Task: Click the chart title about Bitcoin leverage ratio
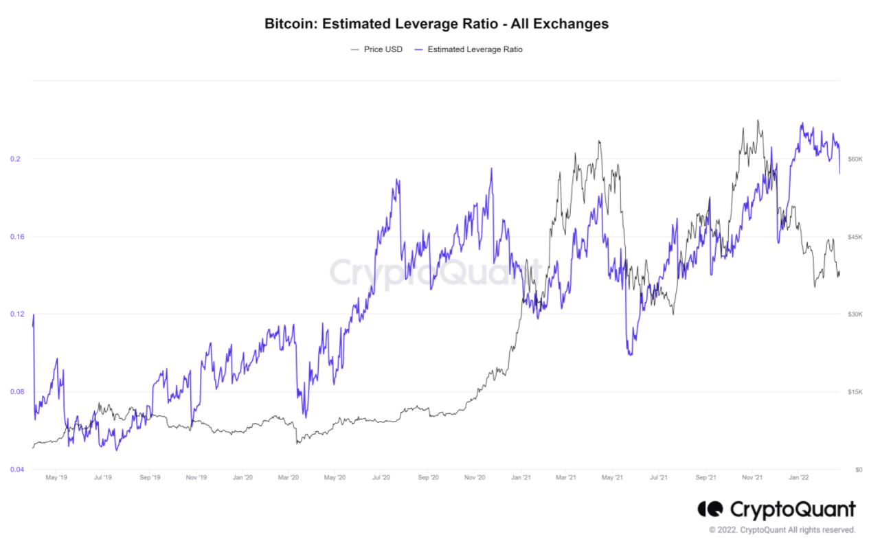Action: tap(436, 23)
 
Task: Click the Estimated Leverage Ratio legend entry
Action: tap(475, 49)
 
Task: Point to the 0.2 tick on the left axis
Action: tap(15, 159)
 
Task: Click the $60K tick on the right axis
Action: tap(855, 159)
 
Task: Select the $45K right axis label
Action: tap(855, 237)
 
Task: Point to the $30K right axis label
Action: tap(855, 314)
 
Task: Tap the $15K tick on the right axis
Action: tap(855, 392)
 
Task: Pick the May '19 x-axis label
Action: tap(56, 476)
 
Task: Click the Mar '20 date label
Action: tap(289, 476)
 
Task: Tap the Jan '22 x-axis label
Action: tap(798, 476)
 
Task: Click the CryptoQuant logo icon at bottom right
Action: tap(710, 509)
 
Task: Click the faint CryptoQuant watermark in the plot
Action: tap(435, 272)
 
